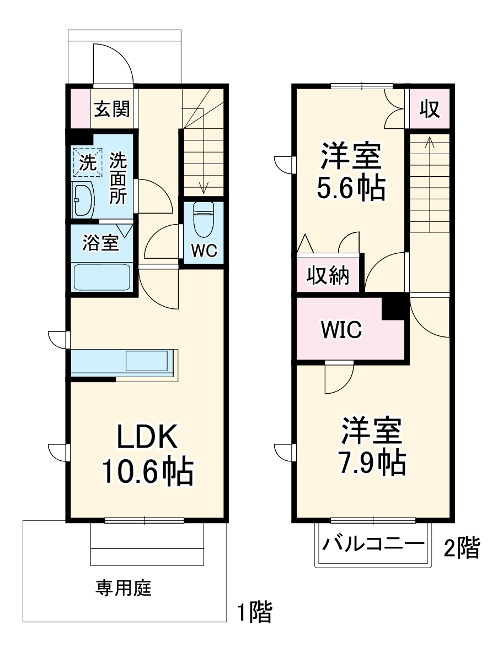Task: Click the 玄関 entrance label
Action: [112, 109]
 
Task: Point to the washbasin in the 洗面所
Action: [83, 199]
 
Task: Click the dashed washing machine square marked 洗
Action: [87, 162]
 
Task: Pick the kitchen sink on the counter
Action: [147, 361]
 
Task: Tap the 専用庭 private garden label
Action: [124, 589]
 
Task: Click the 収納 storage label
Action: [328, 275]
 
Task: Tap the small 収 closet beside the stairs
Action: [430, 109]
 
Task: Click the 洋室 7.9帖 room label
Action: [372, 447]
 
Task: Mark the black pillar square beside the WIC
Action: [394, 307]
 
